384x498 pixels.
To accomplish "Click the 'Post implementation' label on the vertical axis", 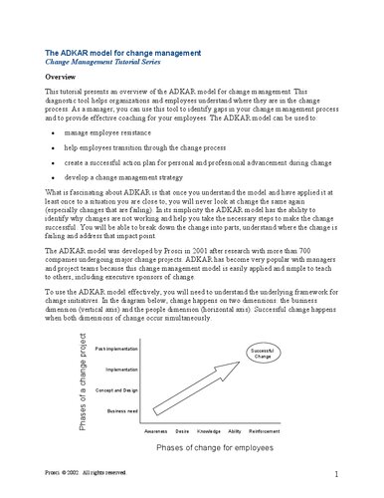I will point(115,349).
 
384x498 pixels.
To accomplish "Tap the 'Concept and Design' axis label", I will point(116,389).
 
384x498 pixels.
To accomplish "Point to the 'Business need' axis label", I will point(122,409).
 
